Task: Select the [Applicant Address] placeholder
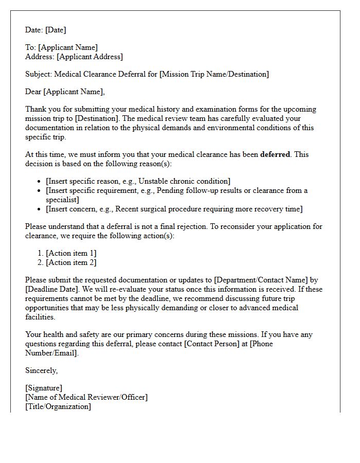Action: [x=89, y=57]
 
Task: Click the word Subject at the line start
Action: [x=39, y=74]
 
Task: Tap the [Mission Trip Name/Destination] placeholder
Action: [x=214, y=74]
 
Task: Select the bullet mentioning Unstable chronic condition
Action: [x=138, y=181]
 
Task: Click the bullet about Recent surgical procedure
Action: [x=174, y=209]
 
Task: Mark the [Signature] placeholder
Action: [x=44, y=388]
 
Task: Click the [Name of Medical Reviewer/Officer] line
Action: [x=86, y=397]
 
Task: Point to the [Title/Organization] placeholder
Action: [x=58, y=406]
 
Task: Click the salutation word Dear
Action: [x=33, y=92]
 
